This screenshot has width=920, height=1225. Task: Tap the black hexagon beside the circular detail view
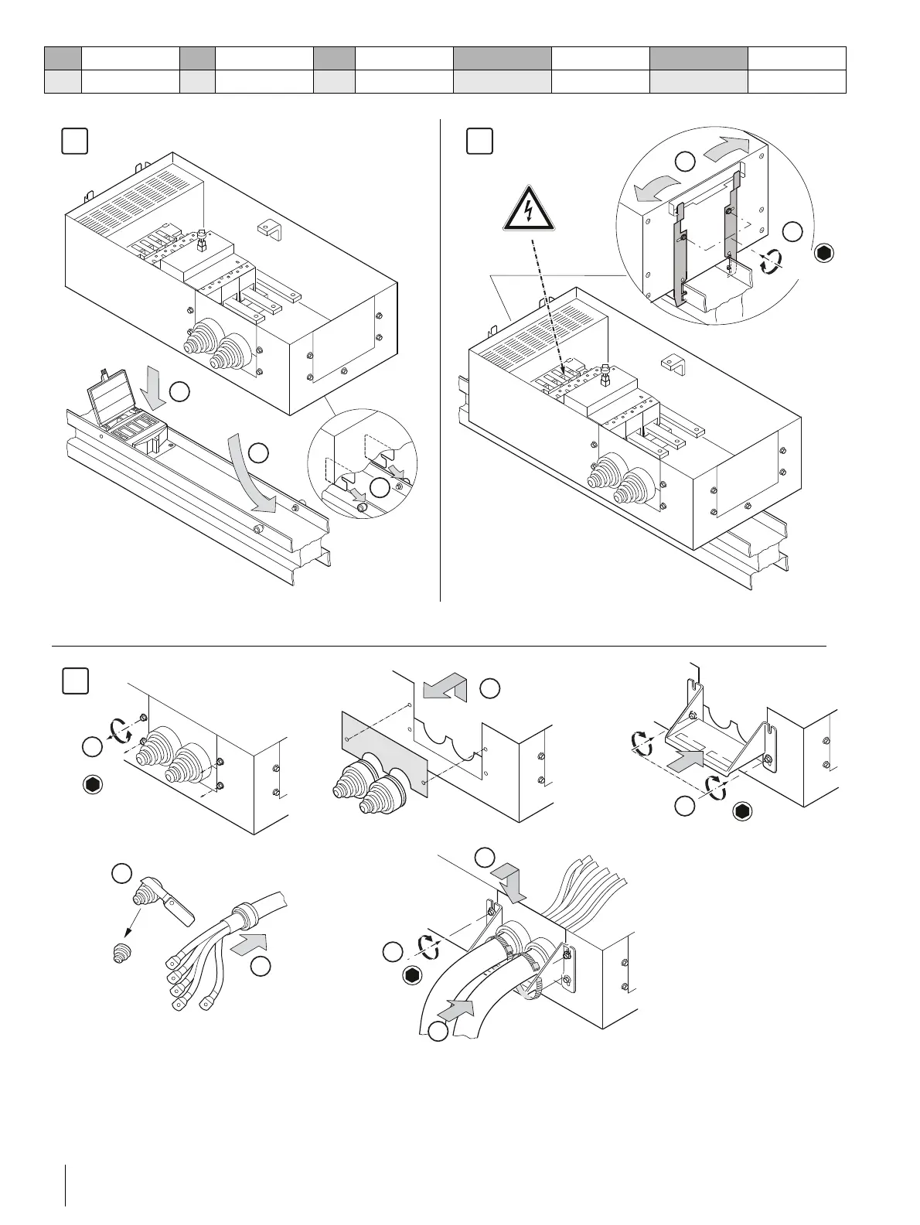(x=824, y=252)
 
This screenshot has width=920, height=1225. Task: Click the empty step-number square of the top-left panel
(x=74, y=142)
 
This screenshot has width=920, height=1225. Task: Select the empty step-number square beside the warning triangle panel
(x=479, y=142)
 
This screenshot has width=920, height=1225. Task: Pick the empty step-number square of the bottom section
(x=74, y=681)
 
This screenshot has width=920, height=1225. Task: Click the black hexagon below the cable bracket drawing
(x=743, y=812)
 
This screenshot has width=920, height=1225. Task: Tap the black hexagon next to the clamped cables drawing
(x=412, y=977)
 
